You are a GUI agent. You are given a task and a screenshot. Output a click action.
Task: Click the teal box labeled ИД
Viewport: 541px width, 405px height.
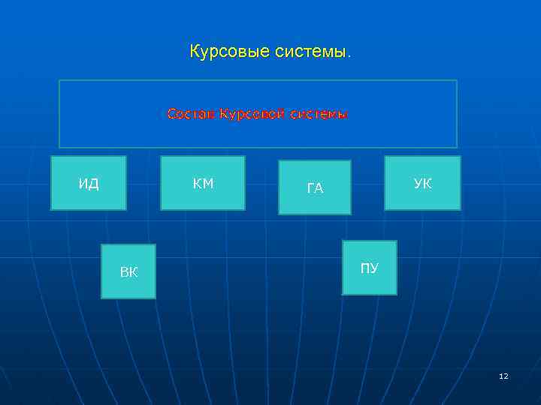tap(89, 183)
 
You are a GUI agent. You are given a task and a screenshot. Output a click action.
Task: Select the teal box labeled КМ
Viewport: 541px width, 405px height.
tap(203, 183)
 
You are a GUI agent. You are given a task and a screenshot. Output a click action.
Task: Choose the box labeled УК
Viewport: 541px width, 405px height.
tap(422, 183)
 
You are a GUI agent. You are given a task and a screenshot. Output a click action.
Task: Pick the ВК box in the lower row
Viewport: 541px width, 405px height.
tap(128, 271)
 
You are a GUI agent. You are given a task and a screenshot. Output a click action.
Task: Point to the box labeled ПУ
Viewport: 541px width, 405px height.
tap(369, 268)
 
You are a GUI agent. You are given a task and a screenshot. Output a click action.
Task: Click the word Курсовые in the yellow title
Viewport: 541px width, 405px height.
tap(223, 52)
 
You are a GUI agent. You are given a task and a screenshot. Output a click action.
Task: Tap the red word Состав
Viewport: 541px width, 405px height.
tap(192, 114)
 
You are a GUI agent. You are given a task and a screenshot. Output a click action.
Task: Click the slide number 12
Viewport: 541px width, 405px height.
tap(503, 376)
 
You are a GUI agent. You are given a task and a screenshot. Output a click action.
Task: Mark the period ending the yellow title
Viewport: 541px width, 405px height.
tap(349, 55)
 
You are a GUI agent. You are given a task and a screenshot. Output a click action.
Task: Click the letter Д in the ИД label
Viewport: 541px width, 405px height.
tap(93, 184)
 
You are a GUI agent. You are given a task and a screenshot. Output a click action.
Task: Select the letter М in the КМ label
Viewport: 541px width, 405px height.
tap(208, 183)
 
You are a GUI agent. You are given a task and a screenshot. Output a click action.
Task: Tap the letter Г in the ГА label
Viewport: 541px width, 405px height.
tap(310, 188)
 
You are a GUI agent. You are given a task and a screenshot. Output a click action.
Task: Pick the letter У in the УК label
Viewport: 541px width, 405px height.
tap(418, 183)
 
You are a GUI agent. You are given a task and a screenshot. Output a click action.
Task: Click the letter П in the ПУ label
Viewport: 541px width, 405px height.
tap(364, 268)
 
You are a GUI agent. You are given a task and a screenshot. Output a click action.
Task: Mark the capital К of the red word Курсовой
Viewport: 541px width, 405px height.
tap(223, 114)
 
